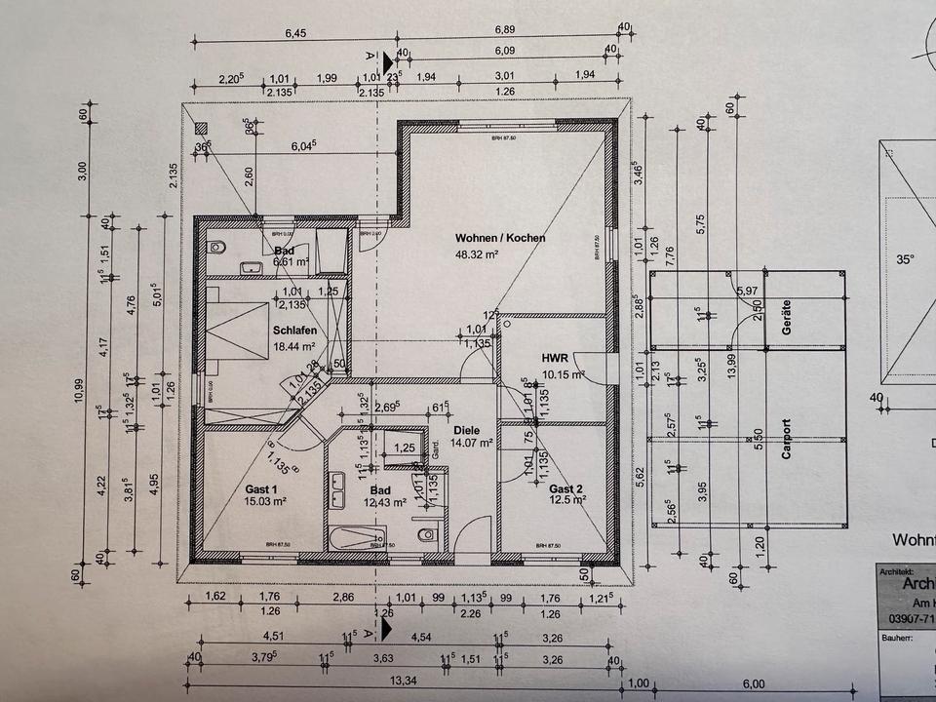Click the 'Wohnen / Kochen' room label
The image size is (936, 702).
coord(500,238)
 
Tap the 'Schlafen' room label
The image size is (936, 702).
coord(293,331)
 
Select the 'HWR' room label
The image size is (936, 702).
coord(555,358)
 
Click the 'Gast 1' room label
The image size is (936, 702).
coord(262,488)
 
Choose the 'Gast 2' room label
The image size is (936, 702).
coord(565,488)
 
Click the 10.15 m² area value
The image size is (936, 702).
coord(563,373)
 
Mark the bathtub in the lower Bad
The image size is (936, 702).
coord(357,539)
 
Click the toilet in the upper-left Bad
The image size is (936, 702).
coord(216,247)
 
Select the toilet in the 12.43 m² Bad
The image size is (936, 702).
coord(425,536)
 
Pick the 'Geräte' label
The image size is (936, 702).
coord(786,317)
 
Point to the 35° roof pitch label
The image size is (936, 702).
coord(906,260)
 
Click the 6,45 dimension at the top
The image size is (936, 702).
coord(294,34)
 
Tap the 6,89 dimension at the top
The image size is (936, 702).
coord(504,34)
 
